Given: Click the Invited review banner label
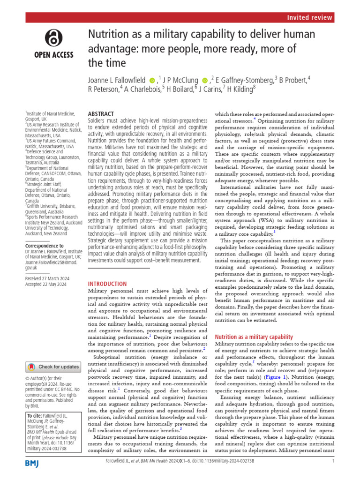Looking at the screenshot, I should tap(309, 17).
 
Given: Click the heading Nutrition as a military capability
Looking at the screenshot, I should tap(254, 337).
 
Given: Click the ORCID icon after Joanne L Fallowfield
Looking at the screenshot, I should tap(152, 81).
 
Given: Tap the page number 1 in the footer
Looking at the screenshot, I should tap(332, 474).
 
